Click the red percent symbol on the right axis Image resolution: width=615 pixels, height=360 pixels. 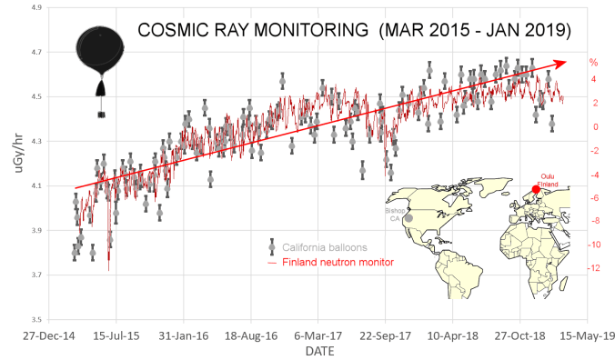click(592, 63)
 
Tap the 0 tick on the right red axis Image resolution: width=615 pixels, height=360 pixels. click(592, 126)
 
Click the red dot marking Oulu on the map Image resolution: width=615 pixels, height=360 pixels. click(536, 190)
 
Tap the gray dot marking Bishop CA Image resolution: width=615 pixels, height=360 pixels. click(408, 218)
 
